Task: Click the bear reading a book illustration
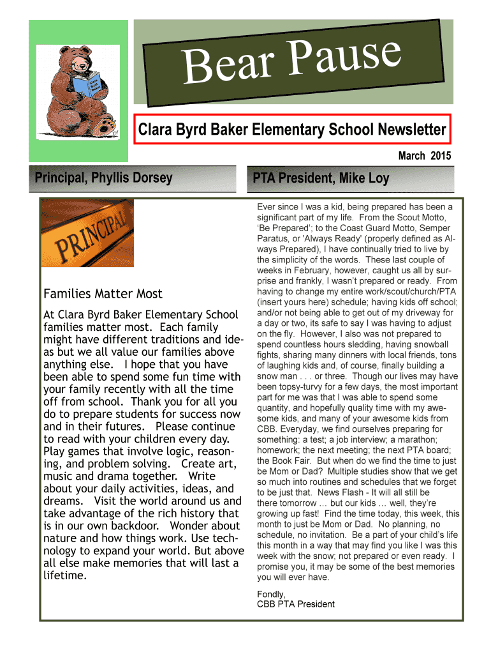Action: click(83, 93)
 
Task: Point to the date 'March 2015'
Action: click(424, 156)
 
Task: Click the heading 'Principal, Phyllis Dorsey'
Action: click(99, 178)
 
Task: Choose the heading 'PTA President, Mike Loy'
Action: click(321, 178)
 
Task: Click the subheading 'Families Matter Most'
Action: click(103, 294)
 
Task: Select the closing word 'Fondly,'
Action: click(271, 594)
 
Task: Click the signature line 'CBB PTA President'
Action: click(296, 604)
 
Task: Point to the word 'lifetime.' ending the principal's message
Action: click(64, 575)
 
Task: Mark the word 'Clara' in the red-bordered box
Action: click(156, 130)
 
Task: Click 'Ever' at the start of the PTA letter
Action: click(267, 207)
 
